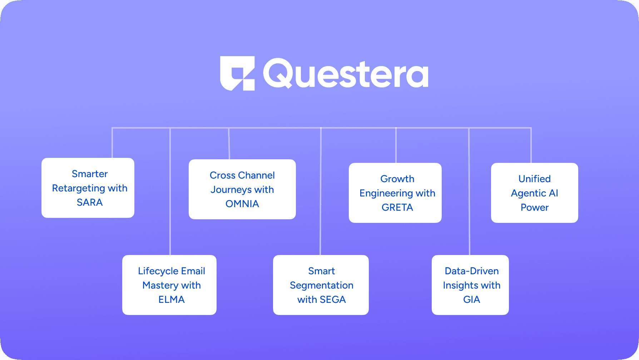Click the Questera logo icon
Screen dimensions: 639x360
coord(237,73)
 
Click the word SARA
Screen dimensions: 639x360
coord(90,202)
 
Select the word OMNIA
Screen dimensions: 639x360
coord(242,204)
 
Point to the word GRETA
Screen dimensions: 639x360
coord(397,207)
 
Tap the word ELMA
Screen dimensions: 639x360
coord(172,300)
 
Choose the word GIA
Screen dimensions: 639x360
coord(472,300)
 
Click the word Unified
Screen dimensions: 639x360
coord(535,179)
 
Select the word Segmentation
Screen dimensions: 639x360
coord(322,286)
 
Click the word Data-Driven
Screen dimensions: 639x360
coord(472,271)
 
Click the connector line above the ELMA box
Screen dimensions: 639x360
coord(170,191)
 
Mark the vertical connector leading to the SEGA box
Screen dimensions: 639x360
coord(321,191)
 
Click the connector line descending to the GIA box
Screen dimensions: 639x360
coord(469,191)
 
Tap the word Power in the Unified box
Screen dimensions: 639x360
coord(535,207)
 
